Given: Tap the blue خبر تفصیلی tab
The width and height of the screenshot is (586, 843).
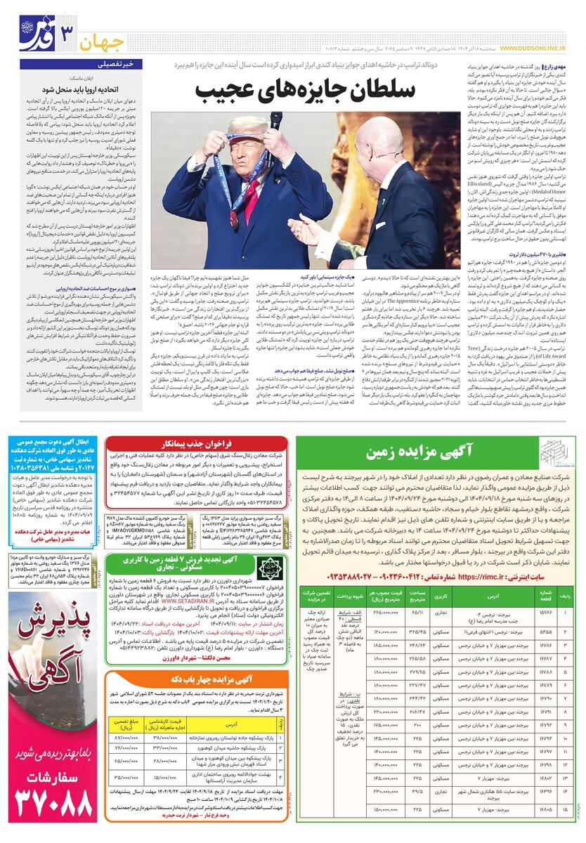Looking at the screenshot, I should coord(122,64).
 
